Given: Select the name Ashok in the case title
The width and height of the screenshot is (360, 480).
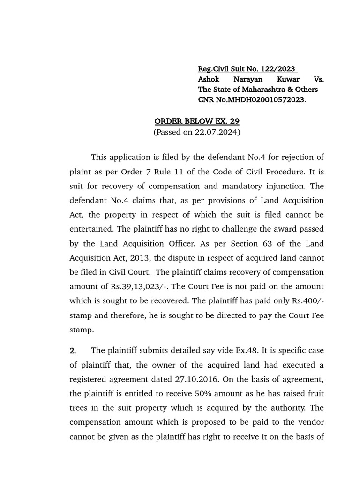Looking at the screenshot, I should [210, 79].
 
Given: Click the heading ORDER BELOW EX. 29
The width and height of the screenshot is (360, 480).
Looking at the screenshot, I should [197, 121].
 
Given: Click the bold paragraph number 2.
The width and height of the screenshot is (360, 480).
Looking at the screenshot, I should [73, 351].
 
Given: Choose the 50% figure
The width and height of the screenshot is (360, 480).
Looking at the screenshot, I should [180, 393].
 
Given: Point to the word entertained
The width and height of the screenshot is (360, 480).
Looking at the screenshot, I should [91, 229].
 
